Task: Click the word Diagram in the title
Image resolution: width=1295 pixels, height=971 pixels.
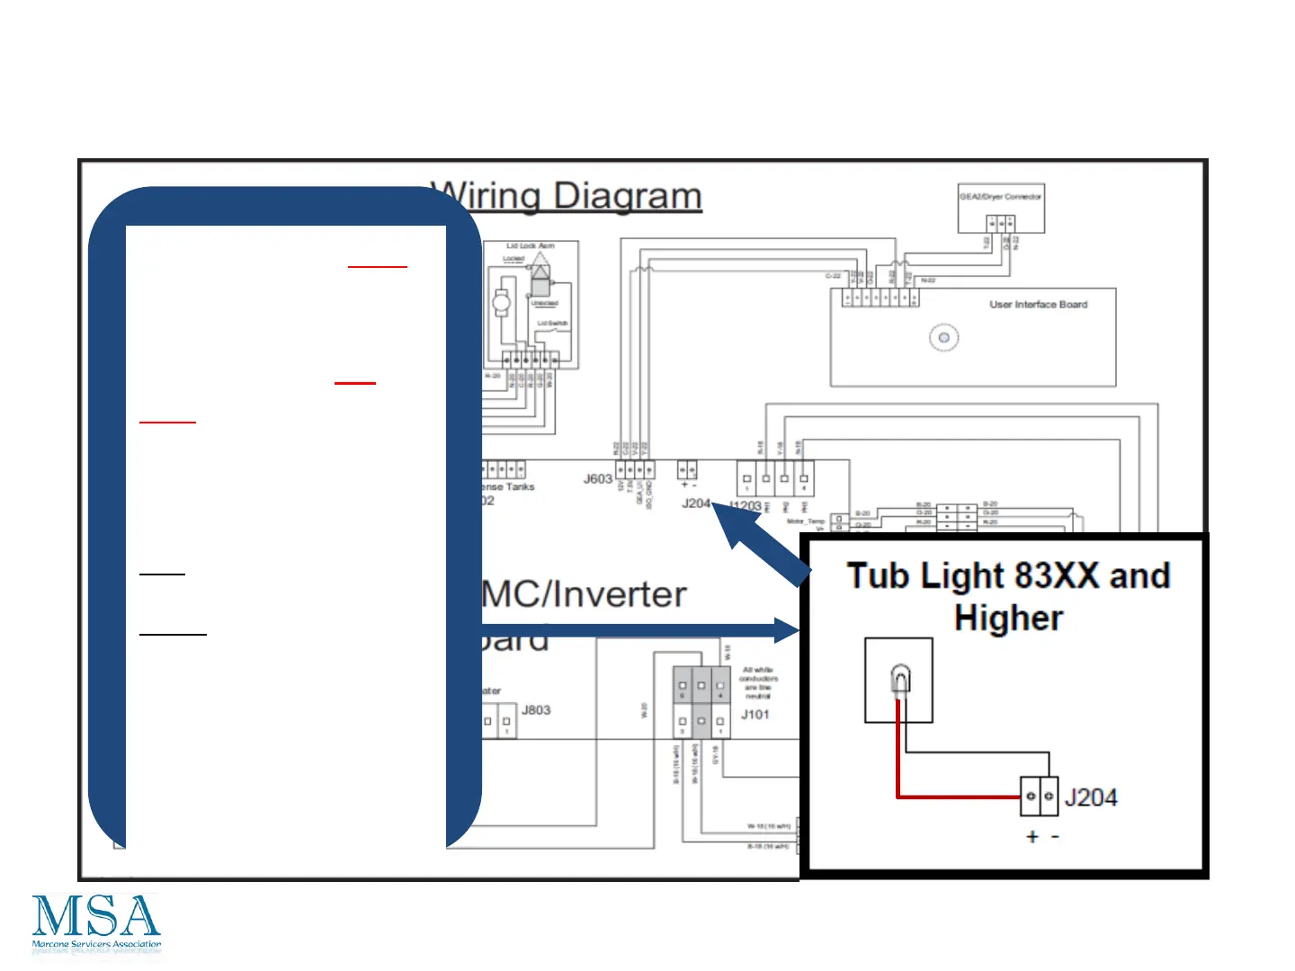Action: point(627,196)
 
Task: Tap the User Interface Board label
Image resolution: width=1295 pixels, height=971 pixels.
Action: point(1038,305)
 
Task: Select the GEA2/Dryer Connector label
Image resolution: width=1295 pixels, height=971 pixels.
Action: point(1000,197)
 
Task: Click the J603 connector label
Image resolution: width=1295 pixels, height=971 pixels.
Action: point(597,479)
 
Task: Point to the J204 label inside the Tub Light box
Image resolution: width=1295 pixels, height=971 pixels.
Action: point(1090,797)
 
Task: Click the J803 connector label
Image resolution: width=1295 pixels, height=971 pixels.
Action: point(536,710)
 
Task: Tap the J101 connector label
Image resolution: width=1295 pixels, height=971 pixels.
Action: point(755,715)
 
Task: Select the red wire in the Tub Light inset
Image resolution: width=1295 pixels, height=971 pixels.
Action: point(953,796)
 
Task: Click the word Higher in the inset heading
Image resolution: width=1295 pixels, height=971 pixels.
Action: point(1008,619)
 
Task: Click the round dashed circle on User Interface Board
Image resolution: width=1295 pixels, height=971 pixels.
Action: point(943,338)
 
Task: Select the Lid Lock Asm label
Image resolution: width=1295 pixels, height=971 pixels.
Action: point(530,245)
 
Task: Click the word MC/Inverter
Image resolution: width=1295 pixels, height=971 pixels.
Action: point(585,594)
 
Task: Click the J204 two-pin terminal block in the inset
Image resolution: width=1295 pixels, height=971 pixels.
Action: point(1039,797)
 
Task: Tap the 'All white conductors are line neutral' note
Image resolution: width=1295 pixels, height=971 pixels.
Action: point(757,682)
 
